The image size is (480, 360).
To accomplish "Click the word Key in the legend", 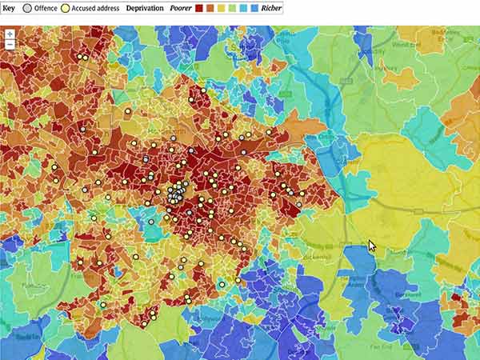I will pyautogui.click(x=9, y=8).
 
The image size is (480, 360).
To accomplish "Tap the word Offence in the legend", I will pyautogui.click(x=46, y=8).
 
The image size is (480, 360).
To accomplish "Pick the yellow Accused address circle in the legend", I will pyautogui.click(x=66, y=8).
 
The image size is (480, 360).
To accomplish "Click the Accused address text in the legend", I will pyautogui.click(x=95, y=8).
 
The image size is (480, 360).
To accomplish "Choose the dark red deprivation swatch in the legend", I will pyautogui.click(x=199, y=8).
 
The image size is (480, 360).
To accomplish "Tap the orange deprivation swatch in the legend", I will pyautogui.click(x=210, y=8).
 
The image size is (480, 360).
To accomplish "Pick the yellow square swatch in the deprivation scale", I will pyautogui.click(x=221, y=8).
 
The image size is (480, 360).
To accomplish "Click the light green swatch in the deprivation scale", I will pyautogui.click(x=231, y=8).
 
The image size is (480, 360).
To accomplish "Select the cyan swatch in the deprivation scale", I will pyautogui.click(x=242, y=8).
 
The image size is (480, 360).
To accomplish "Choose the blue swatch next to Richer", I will pyautogui.click(x=254, y=8).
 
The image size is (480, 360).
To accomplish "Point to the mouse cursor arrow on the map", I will pyautogui.click(x=371, y=246).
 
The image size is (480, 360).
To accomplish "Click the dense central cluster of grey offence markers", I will pyautogui.click(x=175, y=194).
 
